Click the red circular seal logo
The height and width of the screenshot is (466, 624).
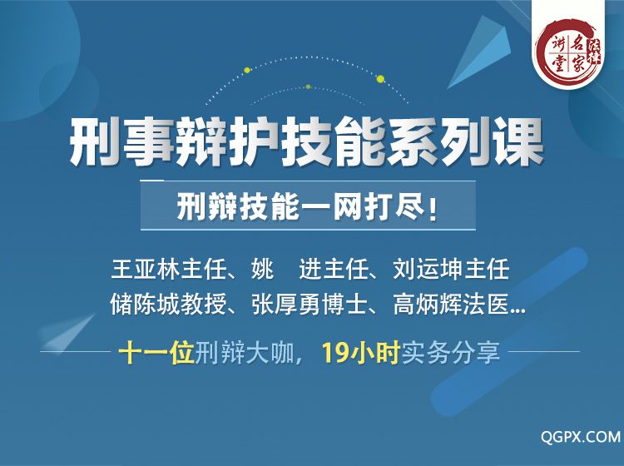(569, 52)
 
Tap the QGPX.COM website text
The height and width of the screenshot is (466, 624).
(580, 437)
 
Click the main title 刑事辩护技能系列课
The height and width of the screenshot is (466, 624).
(306, 141)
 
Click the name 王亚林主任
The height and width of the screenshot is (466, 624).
(169, 269)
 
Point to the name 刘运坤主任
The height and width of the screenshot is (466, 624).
(451, 269)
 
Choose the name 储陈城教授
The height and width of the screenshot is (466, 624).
(168, 305)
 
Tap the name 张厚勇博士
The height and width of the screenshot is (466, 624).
(310, 305)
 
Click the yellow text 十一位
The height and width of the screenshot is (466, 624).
(156, 353)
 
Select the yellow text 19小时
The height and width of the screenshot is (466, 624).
(360, 353)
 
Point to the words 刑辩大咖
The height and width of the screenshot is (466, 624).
(245, 353)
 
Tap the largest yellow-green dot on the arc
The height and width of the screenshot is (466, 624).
(380, 79)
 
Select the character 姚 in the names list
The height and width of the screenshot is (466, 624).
(263, 269)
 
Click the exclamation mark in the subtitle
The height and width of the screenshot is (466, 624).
(433, 207)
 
